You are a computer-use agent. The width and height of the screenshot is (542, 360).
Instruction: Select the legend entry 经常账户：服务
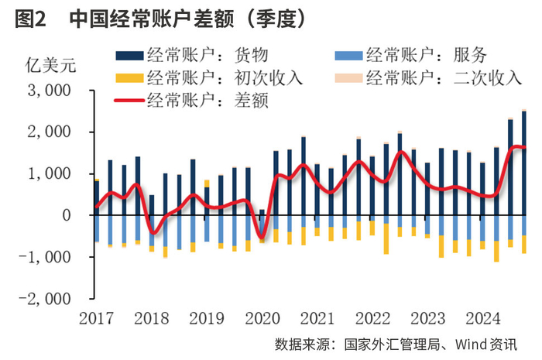pyautogui.click(x=426, y=55)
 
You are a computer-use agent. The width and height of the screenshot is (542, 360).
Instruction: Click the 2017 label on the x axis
pyautogui.click(x=95, y=317)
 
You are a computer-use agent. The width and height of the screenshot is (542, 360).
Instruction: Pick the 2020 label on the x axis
pyautogui.click(x=261, y=317)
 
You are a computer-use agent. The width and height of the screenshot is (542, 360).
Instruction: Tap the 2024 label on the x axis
pyautogui.click(x=482, y=317)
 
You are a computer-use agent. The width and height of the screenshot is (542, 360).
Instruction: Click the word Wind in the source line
pyautogui.click(x=470, y=344)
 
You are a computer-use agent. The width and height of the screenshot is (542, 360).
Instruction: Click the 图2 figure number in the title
pyautogui.click(x=29, y=18)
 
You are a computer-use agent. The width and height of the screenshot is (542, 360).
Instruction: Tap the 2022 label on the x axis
pyautogui.click(x=372, y=317)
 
